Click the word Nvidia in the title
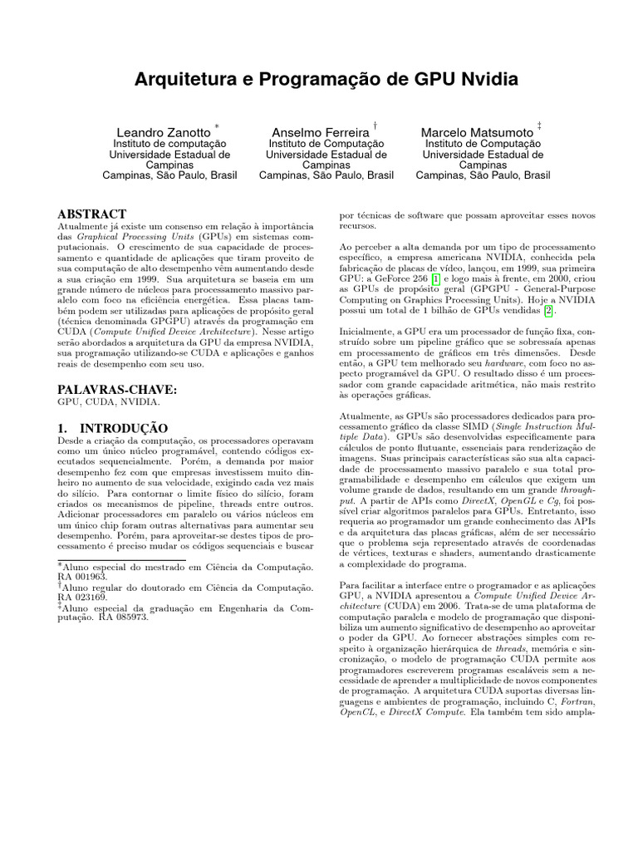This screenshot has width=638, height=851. coord(484,80)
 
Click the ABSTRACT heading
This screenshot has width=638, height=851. coord(91,214)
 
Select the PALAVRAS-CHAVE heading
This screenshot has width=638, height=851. coord(116,388)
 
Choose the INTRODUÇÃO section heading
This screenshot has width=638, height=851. coord(112,427)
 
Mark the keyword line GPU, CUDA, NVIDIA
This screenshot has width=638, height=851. coord(109,402)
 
